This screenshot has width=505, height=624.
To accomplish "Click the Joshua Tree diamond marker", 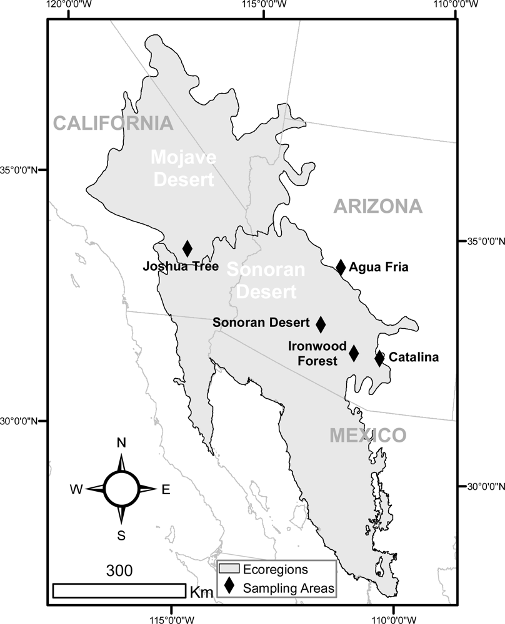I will (x=187, y=248).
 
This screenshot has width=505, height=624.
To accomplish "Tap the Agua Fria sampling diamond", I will (x=341, y=267).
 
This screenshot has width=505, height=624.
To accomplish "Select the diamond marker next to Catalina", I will (x=379, y=358).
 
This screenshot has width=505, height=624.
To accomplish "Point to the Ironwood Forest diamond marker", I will (x=354, y=353).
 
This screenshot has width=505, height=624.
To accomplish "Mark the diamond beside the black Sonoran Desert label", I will (x=321, y=324).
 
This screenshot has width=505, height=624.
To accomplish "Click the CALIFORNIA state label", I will (x=113, y=123).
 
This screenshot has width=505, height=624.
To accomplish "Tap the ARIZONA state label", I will (x=377, y=206).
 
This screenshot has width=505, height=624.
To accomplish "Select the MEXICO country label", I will (x=367, y=436).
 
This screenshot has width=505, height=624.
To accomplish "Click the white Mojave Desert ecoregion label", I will (x=184, y=168).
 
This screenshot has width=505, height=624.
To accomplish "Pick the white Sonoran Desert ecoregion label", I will (x=266, y=280).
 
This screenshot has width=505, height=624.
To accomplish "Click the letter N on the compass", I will (x=121, y=443).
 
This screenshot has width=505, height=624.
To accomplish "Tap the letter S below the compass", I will (x=121, y=535).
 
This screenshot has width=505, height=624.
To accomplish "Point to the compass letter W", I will (x=76, y=490).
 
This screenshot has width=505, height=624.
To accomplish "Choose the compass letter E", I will (x=166, y=490).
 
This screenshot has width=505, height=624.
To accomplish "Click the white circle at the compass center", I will (x=121, y=489).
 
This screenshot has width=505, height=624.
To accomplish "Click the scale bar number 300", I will (x=119, y=570).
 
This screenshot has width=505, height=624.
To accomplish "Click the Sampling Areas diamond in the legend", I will (x=229, y=587).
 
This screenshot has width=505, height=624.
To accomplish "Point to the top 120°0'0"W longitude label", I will (x=68, y=4).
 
